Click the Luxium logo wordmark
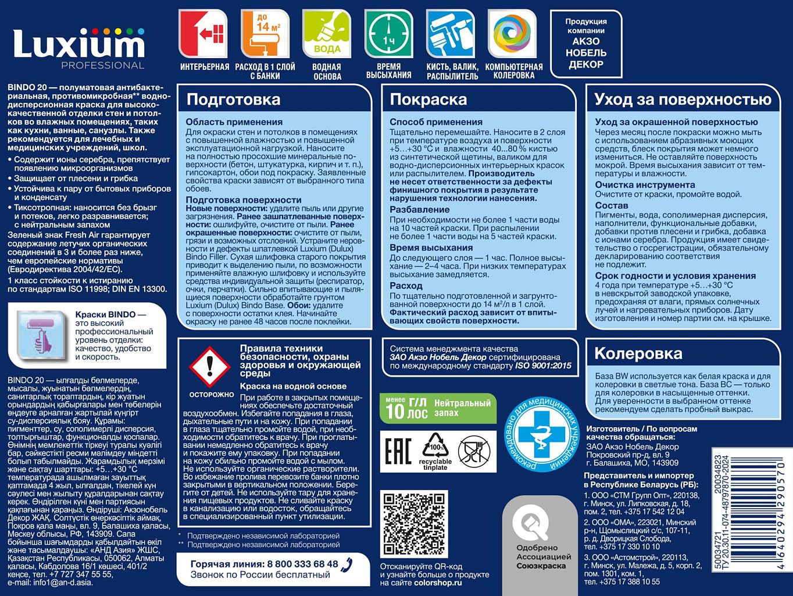(78, 44)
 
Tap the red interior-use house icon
(203, 34)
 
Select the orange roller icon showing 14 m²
(265, 34)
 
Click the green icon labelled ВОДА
(327, 34)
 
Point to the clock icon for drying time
(388, 34)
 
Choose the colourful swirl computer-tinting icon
(512, 34)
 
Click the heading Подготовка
(233, 100)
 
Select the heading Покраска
(428, 100)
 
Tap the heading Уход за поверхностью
(683, 100)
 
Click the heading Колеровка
(638, 353)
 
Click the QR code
(413, 524)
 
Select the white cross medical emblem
(542, 431)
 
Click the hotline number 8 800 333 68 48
(302, 564)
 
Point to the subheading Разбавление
(419, 210)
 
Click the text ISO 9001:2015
(543, 366)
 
